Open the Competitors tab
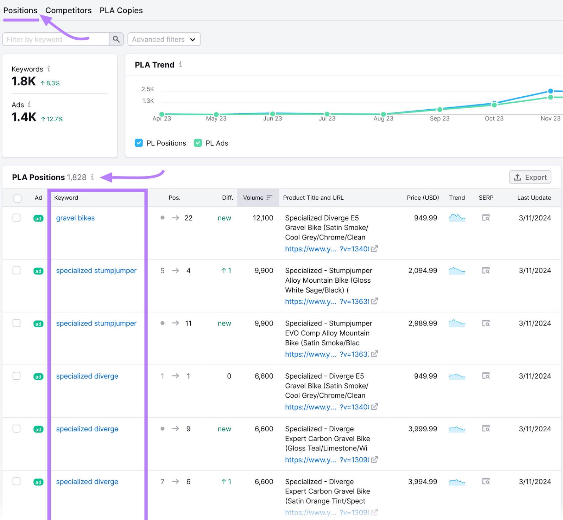[x=68, y=11]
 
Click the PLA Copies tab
[x=121, y=11]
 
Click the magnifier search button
[x=116, y=39]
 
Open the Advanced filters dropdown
[x=164, y=39]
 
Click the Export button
[x=530, y=177]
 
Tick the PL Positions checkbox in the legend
[x=139, y=143]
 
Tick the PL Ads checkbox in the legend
[x=198, y=143]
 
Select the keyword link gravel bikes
[x=75, y=218]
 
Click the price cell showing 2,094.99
[x=423, y=271]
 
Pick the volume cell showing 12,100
[x=263, y=218]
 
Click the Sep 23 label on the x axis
[x=439, y=118]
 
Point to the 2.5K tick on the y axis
[x=148, y=89]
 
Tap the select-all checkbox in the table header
[x=17, y=198]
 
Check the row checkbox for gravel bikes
[x=17, y=218]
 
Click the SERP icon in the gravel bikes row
[x=486, y=218]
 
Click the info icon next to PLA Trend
[x=181, y=64]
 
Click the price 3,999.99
[x=423, y=429]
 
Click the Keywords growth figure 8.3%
[x=53, y=83]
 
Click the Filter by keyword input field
[x=56, y=39]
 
